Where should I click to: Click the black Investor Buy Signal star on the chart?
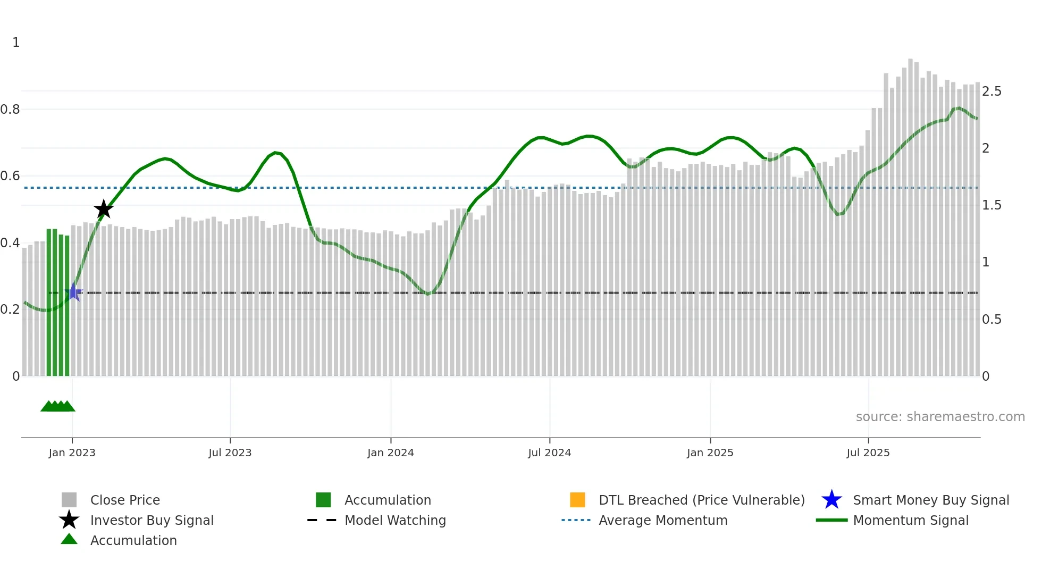(104, 209)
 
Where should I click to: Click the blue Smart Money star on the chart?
(74, 292)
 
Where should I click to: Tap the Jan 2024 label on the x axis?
(390, 453)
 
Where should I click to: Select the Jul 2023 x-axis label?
(230, 453)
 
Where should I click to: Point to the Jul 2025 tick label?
(868, 453)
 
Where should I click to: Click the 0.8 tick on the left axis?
(10, 110)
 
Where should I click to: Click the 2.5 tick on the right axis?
(991, 91)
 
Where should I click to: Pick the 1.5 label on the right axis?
(991, 205)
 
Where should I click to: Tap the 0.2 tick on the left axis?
(10, 309)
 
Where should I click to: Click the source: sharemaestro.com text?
(940, 417)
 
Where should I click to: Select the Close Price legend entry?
(125, 500)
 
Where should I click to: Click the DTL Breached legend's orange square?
(577, 500)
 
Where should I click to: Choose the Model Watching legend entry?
(395, 520)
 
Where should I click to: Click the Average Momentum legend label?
(663, 520)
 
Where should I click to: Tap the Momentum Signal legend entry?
(911, 520)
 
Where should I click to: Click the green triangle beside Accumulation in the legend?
(69, 539)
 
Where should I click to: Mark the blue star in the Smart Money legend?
(831, 500)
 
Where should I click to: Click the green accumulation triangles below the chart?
(58, 406)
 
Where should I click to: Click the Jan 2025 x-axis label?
(710, 453)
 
